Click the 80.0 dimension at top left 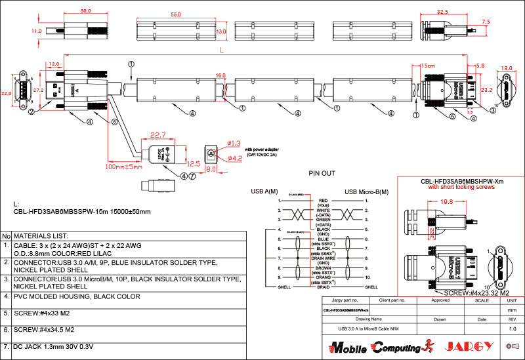point(85,11)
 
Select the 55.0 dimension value point(175,14)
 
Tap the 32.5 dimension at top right point(442,12)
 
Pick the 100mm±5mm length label point(125,167)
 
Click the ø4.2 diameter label point(234,158)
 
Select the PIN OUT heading point(322,174)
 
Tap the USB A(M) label point(265,191)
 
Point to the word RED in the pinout point(322,200)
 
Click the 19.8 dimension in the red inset point(448,202)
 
